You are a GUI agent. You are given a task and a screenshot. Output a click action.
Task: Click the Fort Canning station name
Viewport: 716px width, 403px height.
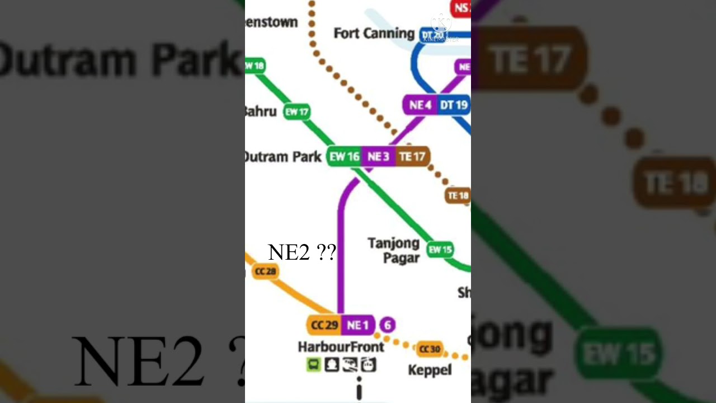point(374,34)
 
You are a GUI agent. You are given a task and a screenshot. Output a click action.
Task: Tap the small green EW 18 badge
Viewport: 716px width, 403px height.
point(255,66)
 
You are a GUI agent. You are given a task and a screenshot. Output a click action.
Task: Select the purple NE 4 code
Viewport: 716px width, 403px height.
point(420,105)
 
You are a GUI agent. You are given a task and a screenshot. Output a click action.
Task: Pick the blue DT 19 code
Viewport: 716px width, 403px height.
point(454,105)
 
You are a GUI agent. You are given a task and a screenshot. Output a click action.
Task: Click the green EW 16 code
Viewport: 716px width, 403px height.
point(344,157)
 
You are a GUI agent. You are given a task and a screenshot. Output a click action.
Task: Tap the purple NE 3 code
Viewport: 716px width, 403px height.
point(378,157)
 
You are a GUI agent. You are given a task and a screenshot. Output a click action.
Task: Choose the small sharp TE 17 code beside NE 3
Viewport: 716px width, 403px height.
point(412,157)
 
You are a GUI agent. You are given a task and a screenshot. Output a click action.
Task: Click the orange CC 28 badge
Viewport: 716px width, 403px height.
point(265,271)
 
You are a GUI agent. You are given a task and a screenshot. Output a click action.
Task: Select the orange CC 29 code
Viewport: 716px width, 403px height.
point(324,325)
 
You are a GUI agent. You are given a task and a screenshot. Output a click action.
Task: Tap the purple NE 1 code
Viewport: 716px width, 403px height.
point(357,325)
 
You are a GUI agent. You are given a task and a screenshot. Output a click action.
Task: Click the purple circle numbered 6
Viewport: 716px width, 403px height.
point(388,325)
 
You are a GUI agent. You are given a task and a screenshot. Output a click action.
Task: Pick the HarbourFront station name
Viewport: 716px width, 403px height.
point(341,347)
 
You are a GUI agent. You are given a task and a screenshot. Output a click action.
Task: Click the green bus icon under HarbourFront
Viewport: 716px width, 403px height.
point(313,365)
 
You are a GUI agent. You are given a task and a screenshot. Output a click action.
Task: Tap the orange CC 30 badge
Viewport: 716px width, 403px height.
point(430,349)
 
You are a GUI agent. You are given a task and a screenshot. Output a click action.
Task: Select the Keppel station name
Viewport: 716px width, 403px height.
point(430,370)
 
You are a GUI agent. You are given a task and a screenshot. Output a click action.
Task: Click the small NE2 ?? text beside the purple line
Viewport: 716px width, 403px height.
point(302,252)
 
